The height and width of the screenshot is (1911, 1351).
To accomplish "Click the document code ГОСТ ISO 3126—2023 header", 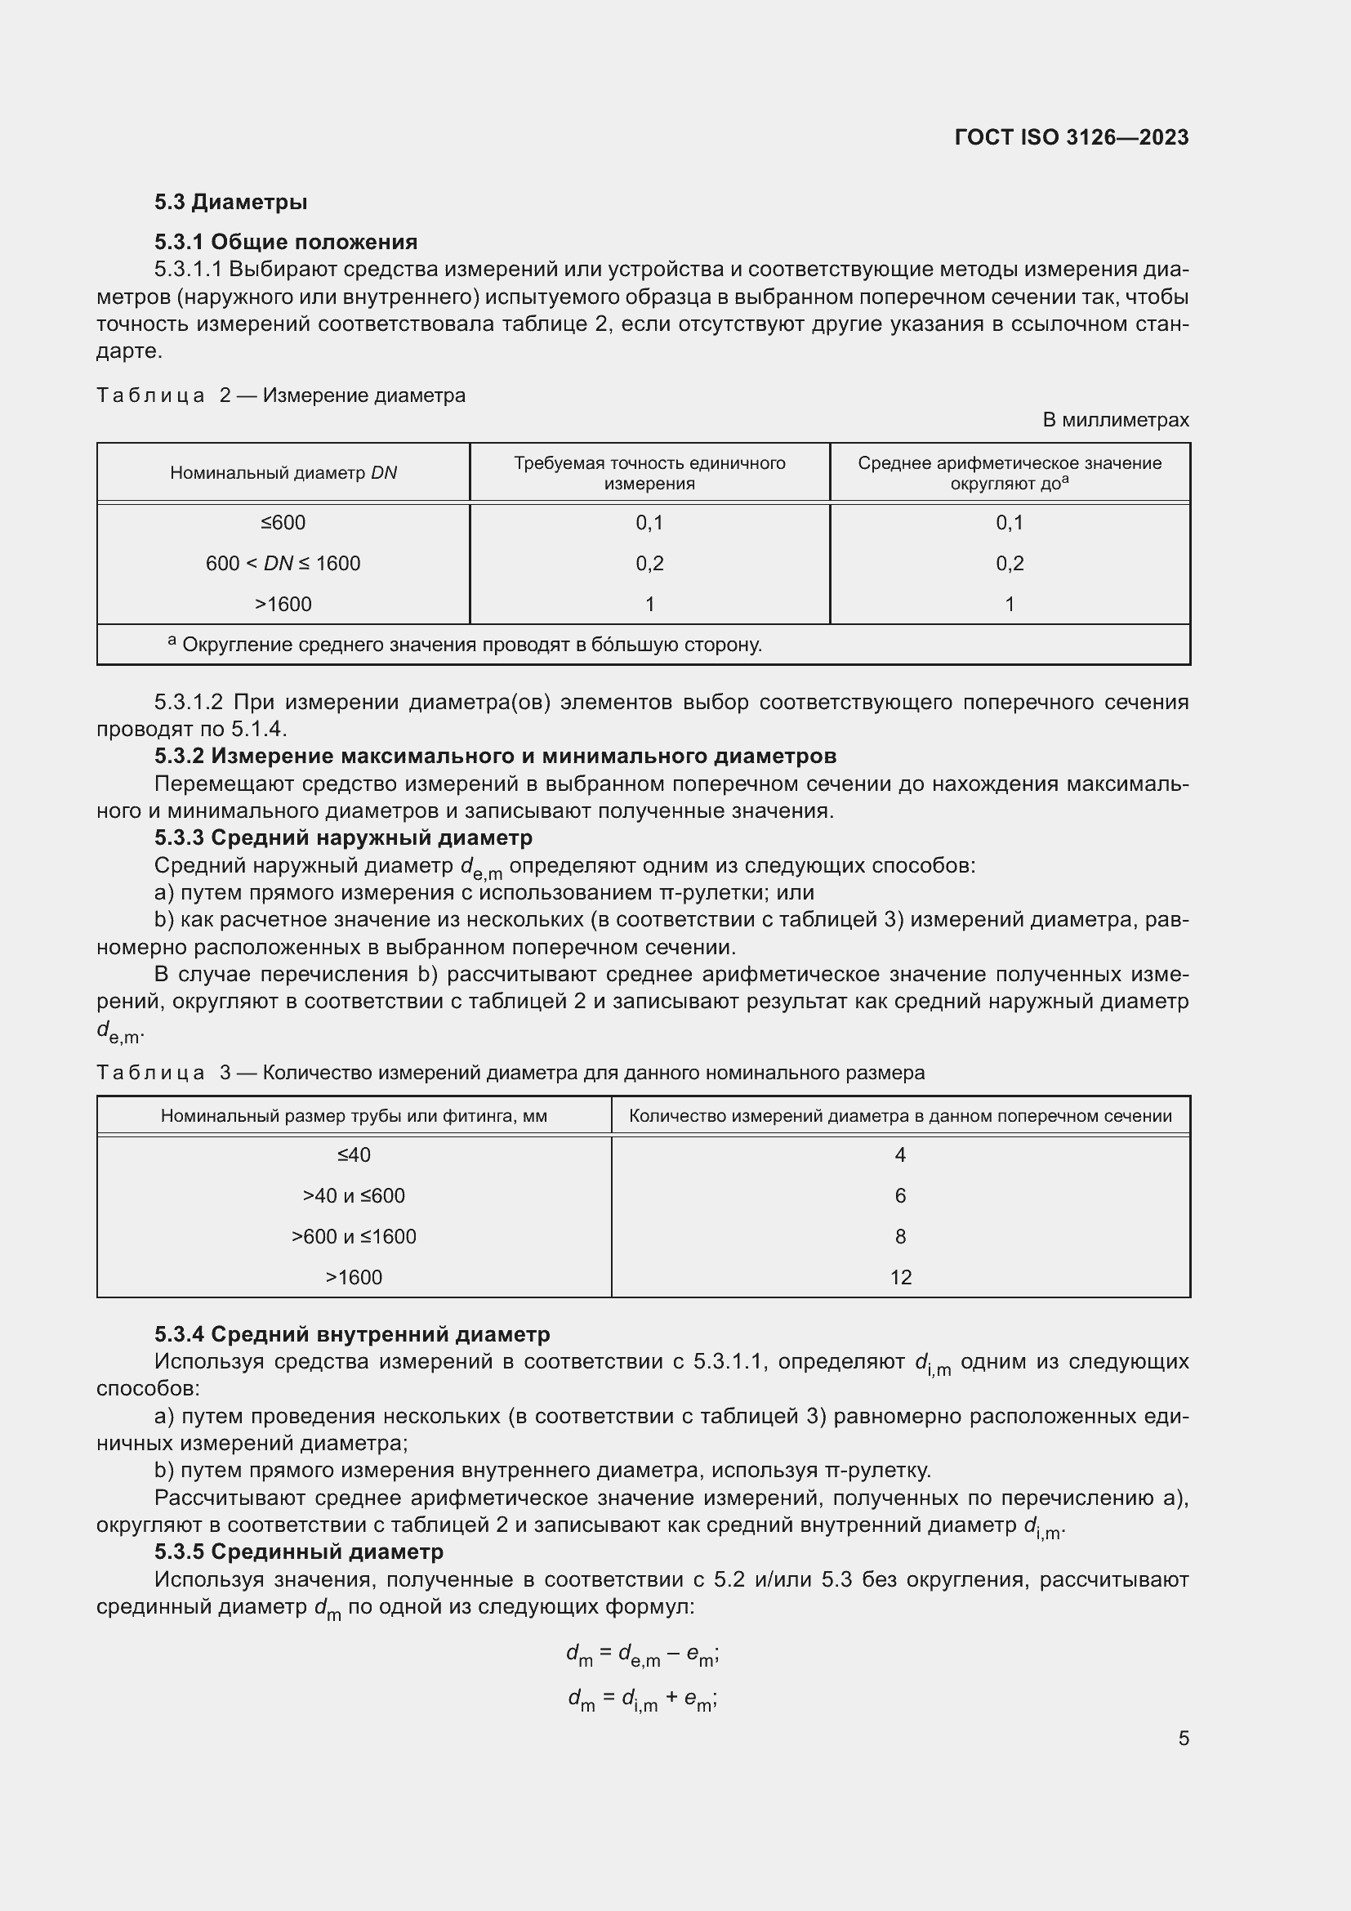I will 1072,137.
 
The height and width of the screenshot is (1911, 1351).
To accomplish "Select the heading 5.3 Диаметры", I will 230,202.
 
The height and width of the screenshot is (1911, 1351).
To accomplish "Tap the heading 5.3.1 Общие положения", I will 285,241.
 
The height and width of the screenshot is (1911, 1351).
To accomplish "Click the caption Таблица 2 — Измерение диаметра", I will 280,395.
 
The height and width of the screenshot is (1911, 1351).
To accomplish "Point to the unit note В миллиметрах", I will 1115,419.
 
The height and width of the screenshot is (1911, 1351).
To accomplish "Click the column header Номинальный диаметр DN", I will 283,473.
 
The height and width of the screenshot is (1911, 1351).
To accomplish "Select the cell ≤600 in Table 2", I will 283,522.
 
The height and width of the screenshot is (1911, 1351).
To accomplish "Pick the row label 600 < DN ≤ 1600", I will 283,563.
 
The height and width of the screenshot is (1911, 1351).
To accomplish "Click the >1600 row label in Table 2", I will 283,604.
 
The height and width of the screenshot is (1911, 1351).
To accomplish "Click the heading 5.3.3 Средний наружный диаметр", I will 343,837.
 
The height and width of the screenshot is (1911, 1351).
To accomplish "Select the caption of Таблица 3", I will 510,1072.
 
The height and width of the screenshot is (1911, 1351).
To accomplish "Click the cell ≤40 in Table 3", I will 354,1154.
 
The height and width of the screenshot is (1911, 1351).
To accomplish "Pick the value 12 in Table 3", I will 900,1277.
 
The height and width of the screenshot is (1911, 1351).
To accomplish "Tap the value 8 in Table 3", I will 900,1236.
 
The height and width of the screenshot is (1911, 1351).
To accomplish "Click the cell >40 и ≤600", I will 354,1195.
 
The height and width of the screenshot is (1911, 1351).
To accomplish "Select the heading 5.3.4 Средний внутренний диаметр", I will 352,1333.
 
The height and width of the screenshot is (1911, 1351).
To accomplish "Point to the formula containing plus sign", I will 642,1698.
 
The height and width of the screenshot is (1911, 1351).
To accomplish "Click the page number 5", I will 1183,1738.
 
